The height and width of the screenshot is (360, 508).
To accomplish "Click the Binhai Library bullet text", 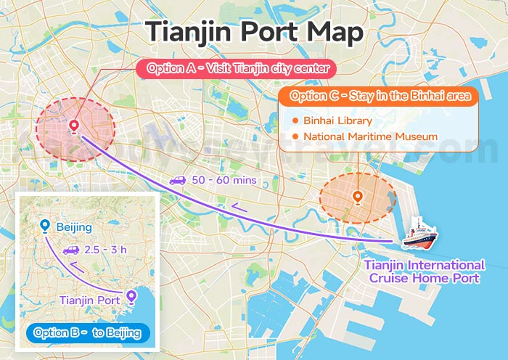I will pos(337,120).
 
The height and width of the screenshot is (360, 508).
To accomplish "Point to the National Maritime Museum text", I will pos(370,136).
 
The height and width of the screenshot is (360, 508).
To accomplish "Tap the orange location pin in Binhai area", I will pos(357,196).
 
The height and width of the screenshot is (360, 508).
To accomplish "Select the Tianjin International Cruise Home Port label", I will pos(425,271).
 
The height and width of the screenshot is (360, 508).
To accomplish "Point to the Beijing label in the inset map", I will pos(75,227).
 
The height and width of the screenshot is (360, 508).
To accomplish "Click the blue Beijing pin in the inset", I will pos(46,226).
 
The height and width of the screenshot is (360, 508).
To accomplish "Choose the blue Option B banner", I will pos(86,332).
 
